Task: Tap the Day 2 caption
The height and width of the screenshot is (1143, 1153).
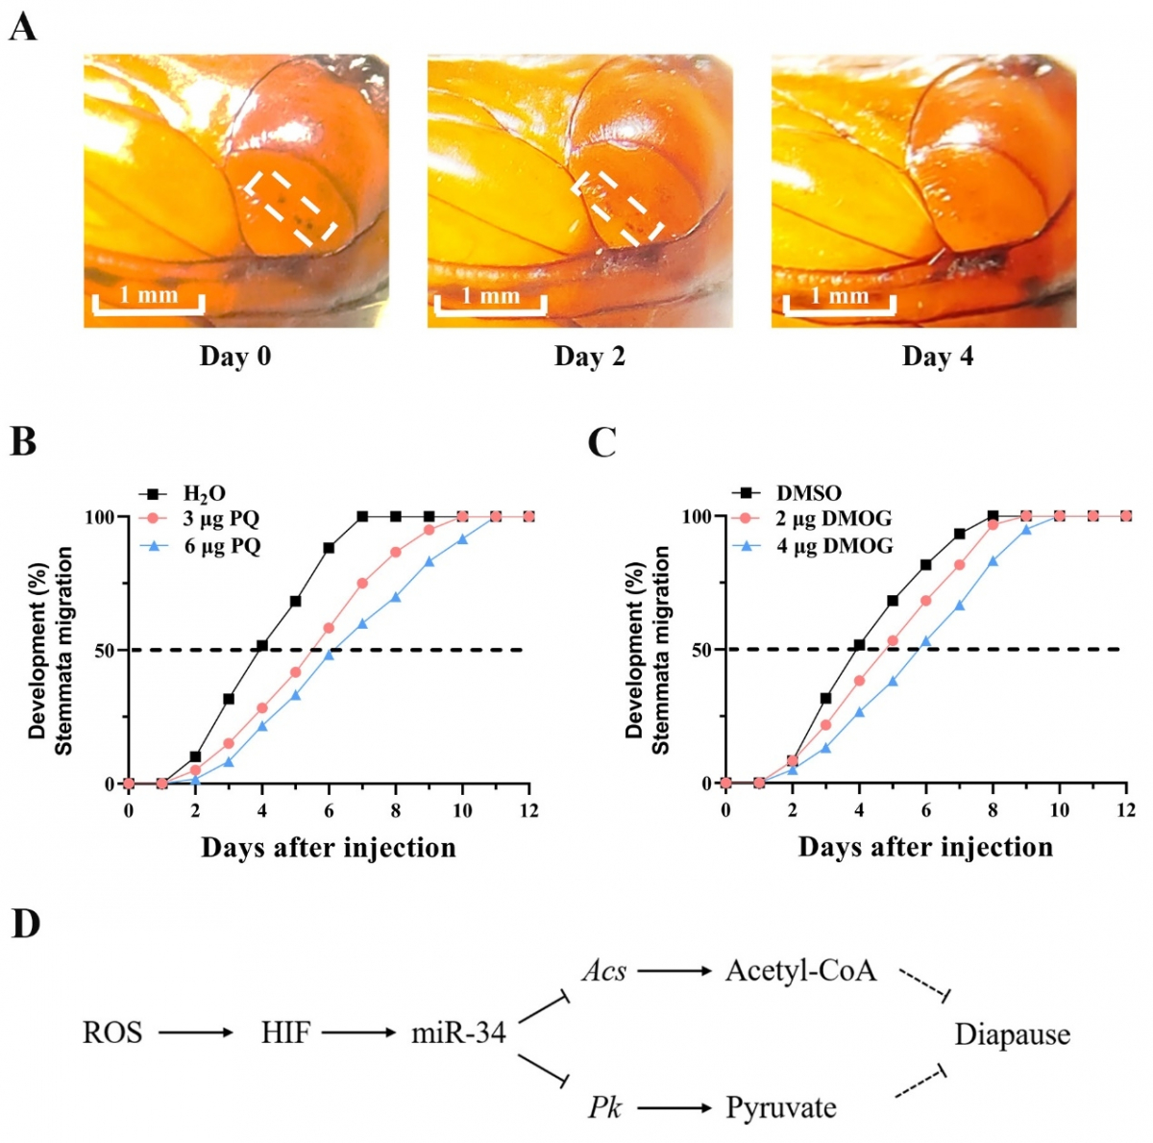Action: pyautogui.click(x=589, y=357)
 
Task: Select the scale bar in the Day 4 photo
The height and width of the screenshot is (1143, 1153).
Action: pyautogui.click(x=839, y=304)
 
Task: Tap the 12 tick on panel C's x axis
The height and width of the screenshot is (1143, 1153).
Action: pyautogui.click(x=1126, y=810)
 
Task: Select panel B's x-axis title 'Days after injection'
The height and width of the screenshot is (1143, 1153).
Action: pyautogui.click(x=329, y=847)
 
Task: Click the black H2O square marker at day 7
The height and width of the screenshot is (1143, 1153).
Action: pyautogui.click(x=362, y=516)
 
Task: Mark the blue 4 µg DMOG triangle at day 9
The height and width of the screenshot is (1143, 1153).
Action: pyautogui.click(x=1026, y=530)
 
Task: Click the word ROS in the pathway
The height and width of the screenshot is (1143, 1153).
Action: pyautogui.click(x=112, y=1033)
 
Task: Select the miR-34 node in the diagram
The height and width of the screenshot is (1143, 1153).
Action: pyautogui.click(x=458, y=1033)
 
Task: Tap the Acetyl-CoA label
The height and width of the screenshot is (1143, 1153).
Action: pyautogui.click(x=800, y=970)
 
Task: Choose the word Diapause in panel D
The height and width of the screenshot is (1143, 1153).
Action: pyautogui.click(x=1012, y=1034)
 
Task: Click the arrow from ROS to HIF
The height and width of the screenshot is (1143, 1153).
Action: pyautogui.click(x=196, y=1033)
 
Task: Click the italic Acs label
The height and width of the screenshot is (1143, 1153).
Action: pyautogui.click(x=604, y=971)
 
